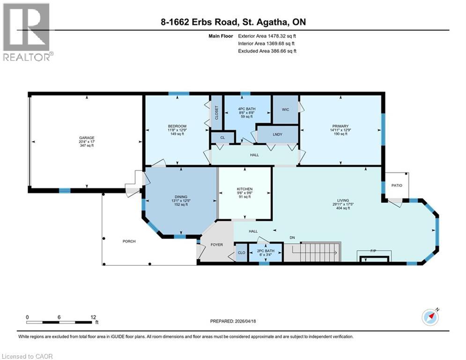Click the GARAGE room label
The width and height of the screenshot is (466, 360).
click(x=86, y=138)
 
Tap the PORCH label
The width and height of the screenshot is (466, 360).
click(x=129, y=241)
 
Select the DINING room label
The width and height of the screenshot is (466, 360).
click(x=181, y=197)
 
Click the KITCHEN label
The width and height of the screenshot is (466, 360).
click(x=244, y=189)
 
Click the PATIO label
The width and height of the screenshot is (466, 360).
click(x=397, y=185)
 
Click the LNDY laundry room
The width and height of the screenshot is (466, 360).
click(x=277, y=135)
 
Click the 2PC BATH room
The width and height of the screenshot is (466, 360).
click(x=266, y=251)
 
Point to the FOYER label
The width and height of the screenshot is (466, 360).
click(x=216, y=245)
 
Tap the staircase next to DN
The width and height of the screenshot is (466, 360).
click(x=321, y=252)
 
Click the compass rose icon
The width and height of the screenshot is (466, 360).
click(x=429, y=317)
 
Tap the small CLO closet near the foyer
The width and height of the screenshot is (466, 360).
click(x=241, y=252)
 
